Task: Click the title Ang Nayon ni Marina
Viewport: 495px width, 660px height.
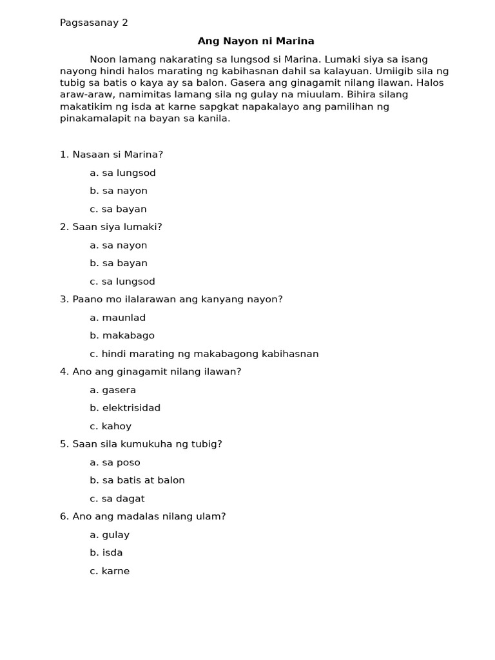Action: click(x=256, y=41)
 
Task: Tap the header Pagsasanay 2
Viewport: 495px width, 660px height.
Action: click(x=94, y=23)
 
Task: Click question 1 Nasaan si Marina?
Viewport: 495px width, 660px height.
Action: click(x=112, y=155)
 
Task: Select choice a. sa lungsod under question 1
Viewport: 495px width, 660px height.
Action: click(x=123, y=173)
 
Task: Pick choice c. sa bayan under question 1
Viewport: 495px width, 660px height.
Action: click(x=119, y=209)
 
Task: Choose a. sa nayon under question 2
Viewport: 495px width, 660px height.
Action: click(x=119, y=245)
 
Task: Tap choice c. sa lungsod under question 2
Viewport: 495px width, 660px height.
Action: click(x=123, y=281)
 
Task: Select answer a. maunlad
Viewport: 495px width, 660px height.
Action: click(x=118, y=317)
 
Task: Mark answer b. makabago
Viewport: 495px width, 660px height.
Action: click(x=122, y=335)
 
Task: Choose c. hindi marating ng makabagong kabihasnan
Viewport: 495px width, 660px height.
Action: click(x=204, y=354)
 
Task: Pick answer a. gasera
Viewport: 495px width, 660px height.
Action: click(x=113, y=390)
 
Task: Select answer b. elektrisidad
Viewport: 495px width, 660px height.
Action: click(x=125, y=408)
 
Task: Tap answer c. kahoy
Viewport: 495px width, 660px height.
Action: click(x=111, y=426)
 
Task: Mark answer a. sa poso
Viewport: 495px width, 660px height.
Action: click(x=115, y=462)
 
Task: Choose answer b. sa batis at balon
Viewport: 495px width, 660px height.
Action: click(x=137, y=480)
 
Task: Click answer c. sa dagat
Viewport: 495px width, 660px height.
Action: click(x=117, y=498)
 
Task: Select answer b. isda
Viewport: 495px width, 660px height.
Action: click(x=106, y=552)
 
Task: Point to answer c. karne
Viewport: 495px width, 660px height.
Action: click(x=110, y=571)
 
